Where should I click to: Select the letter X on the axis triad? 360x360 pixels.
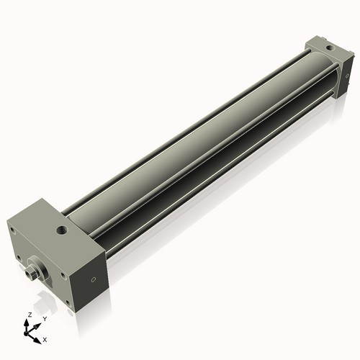pos(45,338)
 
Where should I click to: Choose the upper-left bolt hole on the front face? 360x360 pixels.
pos(12,230)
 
